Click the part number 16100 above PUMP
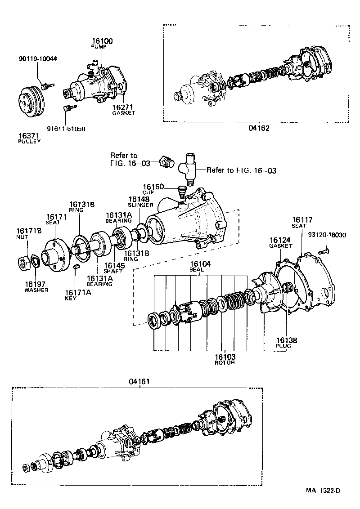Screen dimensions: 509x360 (x=102, y=41)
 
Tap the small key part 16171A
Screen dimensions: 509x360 (x=76, y=268)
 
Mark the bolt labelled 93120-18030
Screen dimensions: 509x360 (x=323, y=252)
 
